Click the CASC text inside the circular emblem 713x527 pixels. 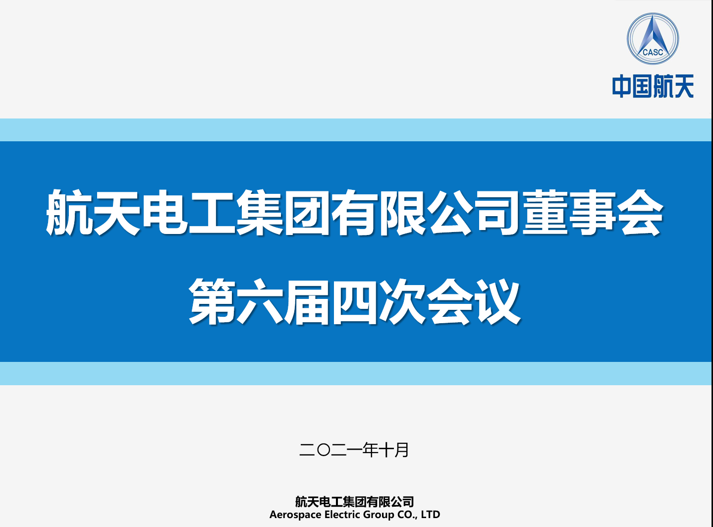[x=653, y=52]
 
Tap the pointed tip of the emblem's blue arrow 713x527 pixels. [x=652, y=16]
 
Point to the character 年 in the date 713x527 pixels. [x=370, y=450]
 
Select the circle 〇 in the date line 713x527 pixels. [x=323, y=450]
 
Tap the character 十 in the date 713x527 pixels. [x=386, y=450]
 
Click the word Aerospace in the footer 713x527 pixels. [x=295, y=515]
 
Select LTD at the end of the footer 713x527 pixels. [x=431, y=514]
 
